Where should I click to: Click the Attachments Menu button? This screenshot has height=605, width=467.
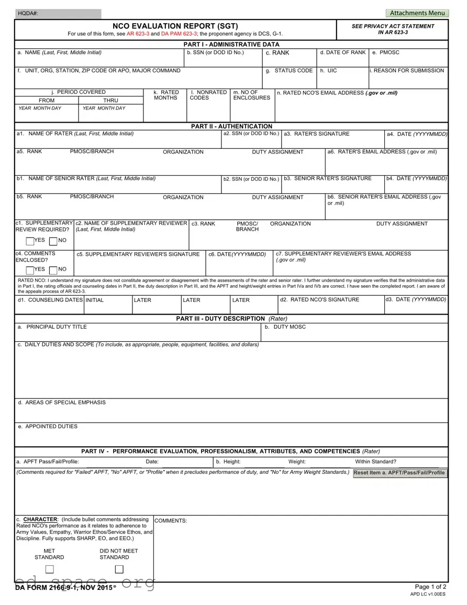[x=417, y=13]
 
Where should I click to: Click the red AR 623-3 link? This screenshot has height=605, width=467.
[x=138, y=34]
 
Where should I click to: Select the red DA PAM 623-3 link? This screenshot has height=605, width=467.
[x=180, y=34]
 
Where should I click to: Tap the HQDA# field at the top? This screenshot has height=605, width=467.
[x=58, y=14]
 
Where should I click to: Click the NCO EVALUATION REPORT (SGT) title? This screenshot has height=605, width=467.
[x=175, y=26]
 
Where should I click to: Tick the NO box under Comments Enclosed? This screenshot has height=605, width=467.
[x=53, y=269]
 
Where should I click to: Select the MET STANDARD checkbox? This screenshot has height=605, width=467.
[x=49, y=569]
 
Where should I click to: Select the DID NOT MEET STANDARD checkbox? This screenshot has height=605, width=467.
[x=119, y=569]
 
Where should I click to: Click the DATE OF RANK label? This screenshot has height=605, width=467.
[x=343, y=52]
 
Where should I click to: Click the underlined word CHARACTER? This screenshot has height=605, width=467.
[x=41, y=520]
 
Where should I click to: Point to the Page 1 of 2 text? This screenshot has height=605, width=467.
[x=430, y=587]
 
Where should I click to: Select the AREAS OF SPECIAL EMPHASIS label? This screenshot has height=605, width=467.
[x=62, y=403]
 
